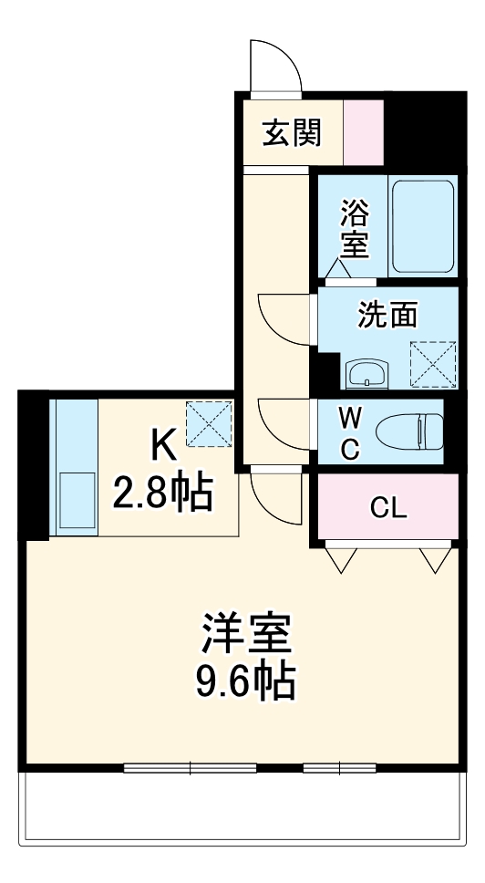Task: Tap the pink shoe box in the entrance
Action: pos(363,132)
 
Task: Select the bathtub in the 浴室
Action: pos(423,226)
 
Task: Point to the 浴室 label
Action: pos(355,229)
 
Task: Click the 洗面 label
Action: pos(387,315)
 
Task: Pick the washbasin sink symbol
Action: pos(368,373)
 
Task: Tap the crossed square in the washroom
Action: pos(432,364)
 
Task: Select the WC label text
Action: pos(350,433)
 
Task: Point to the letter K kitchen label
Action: pos(162,447)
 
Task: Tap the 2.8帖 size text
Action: pos(162,494)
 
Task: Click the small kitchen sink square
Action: pos(76,503)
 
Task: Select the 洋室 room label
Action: pos(246,635)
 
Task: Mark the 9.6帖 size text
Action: pos(246,680)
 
